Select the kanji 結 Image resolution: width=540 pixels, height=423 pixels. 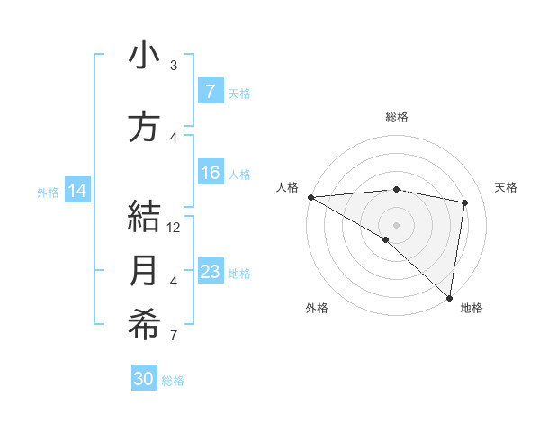point(144,217)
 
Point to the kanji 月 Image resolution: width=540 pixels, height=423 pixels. point(144,271)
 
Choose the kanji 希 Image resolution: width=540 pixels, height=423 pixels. point(144,325)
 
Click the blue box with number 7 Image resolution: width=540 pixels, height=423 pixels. point(210,91)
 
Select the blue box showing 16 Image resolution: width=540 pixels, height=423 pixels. point(210,174)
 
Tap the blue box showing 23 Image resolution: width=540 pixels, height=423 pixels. point(210,272)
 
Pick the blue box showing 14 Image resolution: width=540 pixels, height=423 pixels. point(77,191)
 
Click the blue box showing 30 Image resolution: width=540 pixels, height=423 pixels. point(144,379)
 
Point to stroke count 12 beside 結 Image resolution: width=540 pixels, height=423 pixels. point(175,228)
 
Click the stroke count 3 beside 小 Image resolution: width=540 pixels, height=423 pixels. point(174,66)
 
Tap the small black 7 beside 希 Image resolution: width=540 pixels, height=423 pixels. point(174,336)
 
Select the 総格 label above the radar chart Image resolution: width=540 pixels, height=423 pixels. point(396,117)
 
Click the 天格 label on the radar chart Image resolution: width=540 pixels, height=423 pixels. point(507,187)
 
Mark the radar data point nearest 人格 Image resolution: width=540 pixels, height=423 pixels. point(310,197)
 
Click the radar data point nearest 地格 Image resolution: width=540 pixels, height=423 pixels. point(449,297)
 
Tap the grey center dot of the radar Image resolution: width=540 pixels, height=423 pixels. point(396,223)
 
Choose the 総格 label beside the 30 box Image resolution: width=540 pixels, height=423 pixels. point(173,381)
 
